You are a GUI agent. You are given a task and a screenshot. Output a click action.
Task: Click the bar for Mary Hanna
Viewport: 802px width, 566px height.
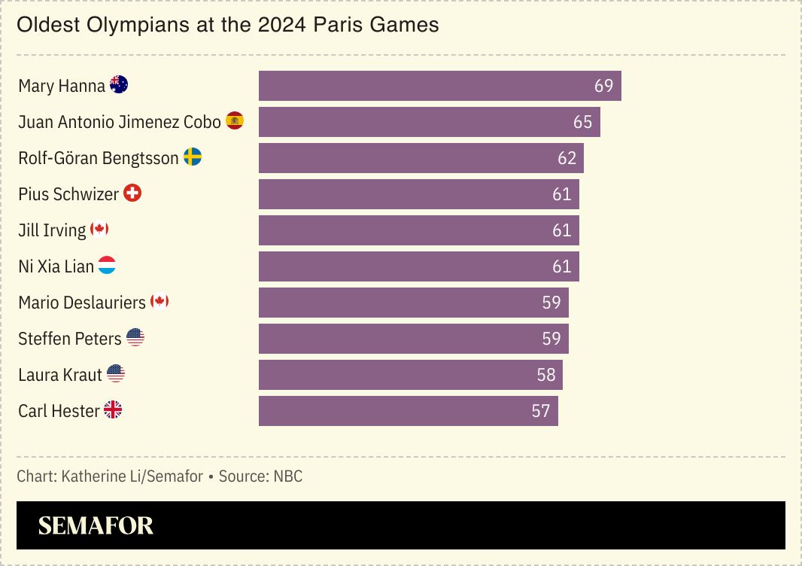click(439, 86)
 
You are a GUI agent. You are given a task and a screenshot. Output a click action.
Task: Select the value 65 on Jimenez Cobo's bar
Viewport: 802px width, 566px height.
click(582, 122)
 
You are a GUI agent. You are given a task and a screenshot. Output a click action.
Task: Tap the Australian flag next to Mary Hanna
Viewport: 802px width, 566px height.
click(119, 85)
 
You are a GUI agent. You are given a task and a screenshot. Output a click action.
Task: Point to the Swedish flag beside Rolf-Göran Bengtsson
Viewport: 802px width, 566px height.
click(193, 157)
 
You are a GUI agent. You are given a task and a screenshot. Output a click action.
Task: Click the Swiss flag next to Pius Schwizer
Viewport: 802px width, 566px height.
click(132, 193)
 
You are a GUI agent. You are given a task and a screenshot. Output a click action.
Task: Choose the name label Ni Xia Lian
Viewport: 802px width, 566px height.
click(56, 266)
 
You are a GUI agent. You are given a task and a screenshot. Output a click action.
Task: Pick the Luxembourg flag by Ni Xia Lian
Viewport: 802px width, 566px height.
click(107, 266)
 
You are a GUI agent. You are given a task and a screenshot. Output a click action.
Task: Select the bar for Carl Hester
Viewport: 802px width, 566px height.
click(408, 411)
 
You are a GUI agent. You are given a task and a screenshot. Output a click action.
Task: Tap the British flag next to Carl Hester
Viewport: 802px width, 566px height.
click(113, 410)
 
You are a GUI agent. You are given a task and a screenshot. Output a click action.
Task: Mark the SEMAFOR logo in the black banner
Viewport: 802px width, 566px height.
click(96, 525)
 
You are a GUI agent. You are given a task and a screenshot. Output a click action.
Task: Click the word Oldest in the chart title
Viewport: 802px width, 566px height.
click(45, 25)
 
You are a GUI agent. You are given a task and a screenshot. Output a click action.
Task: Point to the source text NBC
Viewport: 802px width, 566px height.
click(287, 476)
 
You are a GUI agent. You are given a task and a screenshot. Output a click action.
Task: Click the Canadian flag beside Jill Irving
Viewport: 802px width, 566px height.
click(99, 230)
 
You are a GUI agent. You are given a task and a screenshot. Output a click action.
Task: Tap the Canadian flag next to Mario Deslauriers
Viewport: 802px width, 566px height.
click(159, 302)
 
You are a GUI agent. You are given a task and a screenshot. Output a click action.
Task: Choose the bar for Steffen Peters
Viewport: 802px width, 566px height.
click(413, 339)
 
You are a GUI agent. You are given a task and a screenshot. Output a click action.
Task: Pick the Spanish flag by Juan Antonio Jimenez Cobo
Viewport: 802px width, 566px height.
click(235, 121)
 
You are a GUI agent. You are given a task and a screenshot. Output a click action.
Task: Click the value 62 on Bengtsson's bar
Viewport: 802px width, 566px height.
click(567, 158)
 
